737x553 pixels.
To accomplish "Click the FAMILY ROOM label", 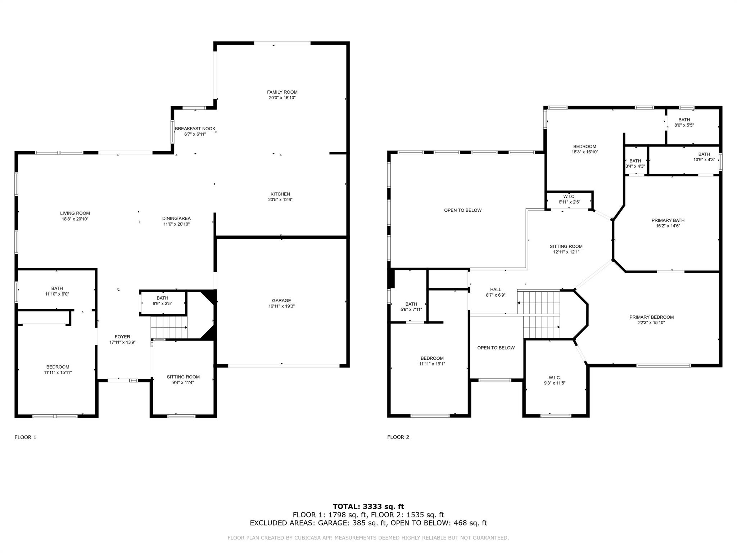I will (282, 92).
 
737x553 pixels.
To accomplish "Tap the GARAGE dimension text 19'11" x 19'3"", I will (281, 306).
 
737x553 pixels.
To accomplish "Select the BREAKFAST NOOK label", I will (195, 129).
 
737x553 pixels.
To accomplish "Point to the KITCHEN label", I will (280, 194).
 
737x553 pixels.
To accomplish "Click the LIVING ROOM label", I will (75, 213).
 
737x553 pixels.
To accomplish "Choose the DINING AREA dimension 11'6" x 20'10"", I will (176, 224).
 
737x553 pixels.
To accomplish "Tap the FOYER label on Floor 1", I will (122, 337).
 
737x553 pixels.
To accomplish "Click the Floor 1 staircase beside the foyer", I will (168, 327).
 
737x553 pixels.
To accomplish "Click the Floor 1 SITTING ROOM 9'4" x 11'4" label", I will (183, 377).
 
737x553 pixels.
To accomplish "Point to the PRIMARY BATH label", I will (668, 220).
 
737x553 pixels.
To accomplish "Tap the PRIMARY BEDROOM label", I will (651, 317).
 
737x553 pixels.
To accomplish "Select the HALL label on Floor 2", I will (495, 289).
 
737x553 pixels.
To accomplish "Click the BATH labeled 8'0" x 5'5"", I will (684, 120).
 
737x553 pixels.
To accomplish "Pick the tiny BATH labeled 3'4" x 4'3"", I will (635, 161).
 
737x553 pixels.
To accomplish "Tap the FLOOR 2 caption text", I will (398, 437).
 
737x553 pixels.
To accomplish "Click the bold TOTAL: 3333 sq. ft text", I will (368, 507).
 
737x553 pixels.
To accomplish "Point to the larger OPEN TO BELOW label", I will (462, 210).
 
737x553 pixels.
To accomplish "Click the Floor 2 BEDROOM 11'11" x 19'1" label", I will (432, 358).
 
